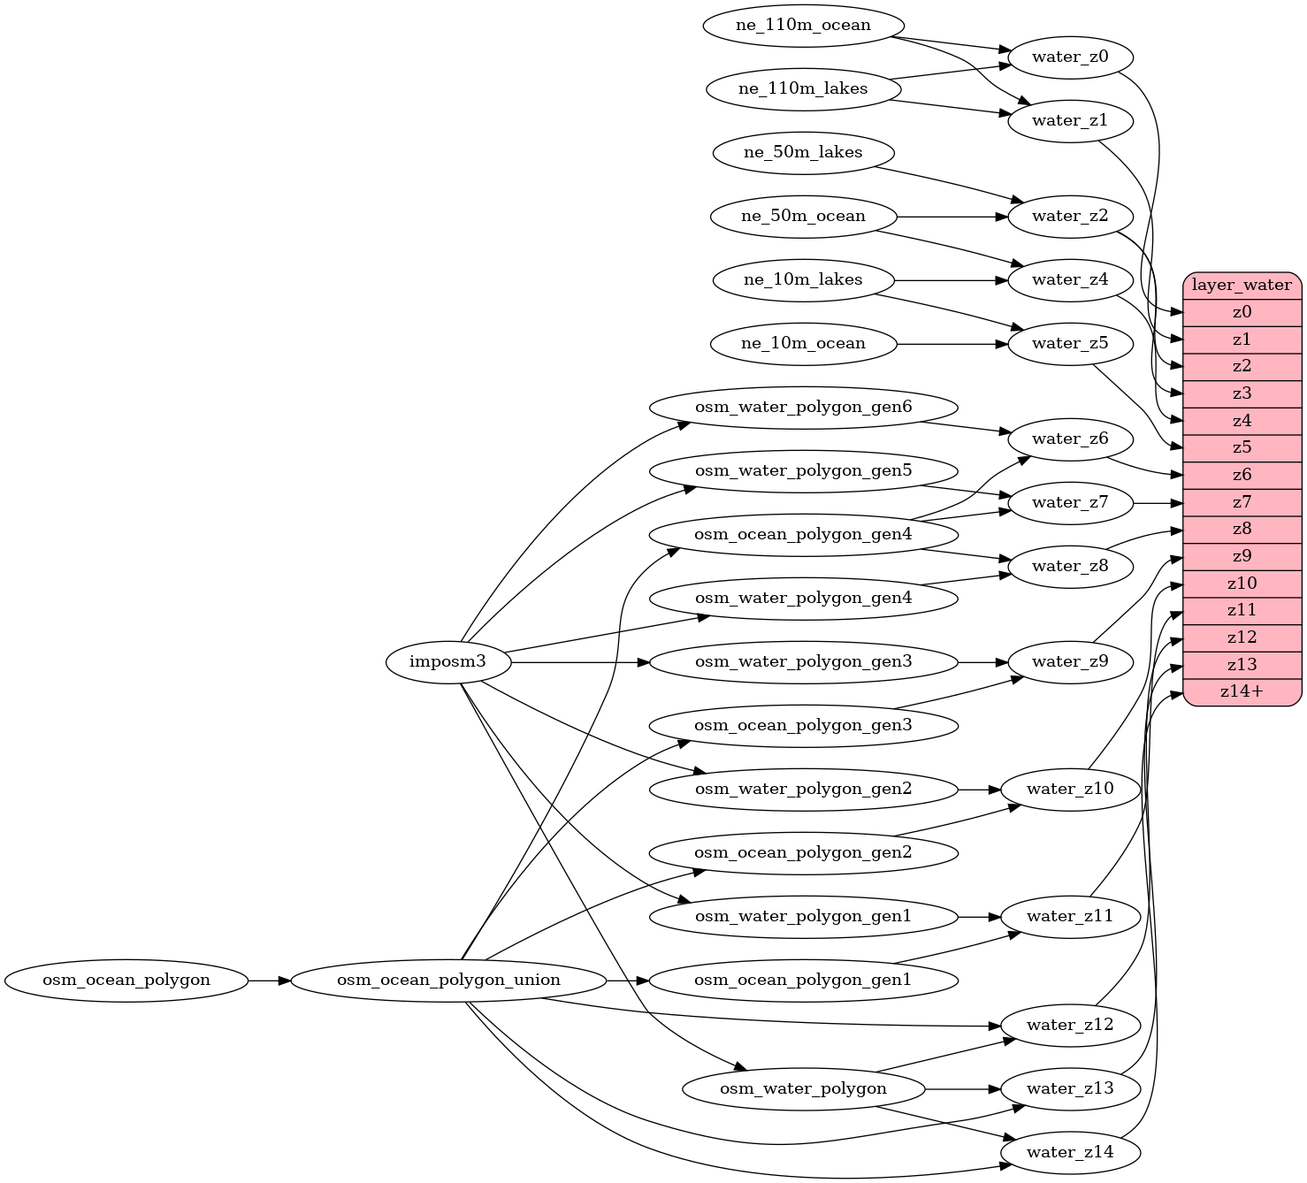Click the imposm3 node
pyautogui.click(x=448, y=661)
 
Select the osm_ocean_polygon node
pyautogui.click(x=126, y=980)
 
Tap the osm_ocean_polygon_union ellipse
pyautogui.click(x=448, y=980)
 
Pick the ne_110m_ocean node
pyautogui.click(x=803, y=25)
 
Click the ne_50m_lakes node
pyautogui.click(x=803, y=152)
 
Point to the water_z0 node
pyautogui.click(x=1070, y=57)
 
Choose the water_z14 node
pyautogui.click(x=1070, y=1153)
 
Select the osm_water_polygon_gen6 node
pyautogui.click(x=803, y=407)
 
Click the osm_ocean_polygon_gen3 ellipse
pyautogui.click(x=803, y=725)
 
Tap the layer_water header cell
pyautogui.click(x=1242, y=286)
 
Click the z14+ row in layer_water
pyautogui.click(x=1242, y=691)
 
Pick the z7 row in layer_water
pyautogui.click(x=1242, y=502)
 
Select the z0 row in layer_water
pyautogui.click(x=1242, y=312)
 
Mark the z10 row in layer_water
pyautogui.click(x=1242, y=584)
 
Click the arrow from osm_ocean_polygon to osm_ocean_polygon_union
pyautogui.click(x=269, y=980)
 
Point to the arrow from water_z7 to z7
pyautogui.click(x=1158, y=502)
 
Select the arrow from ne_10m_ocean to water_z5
pyautogui.click(x=952, y=343)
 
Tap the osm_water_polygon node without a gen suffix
pyautogui.click(x=803, y=1089)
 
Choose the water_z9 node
pyautogui.click(x=1070, y=661)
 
